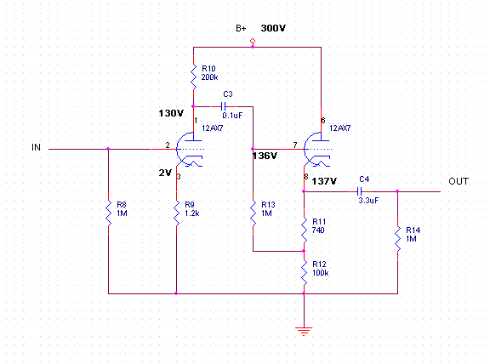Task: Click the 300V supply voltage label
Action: click(273, 29)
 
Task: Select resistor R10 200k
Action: click(193, 71)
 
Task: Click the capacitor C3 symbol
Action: click(224, 106)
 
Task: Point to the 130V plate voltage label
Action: click(170, 114)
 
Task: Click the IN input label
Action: click(36, 147)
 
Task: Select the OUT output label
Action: click(459, 183)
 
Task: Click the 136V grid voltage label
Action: click(266, 156)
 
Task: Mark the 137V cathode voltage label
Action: click(325, 181)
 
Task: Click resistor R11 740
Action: click(304, 228)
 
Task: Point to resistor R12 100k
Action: click(304, 270)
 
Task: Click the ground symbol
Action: click(304, 329)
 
